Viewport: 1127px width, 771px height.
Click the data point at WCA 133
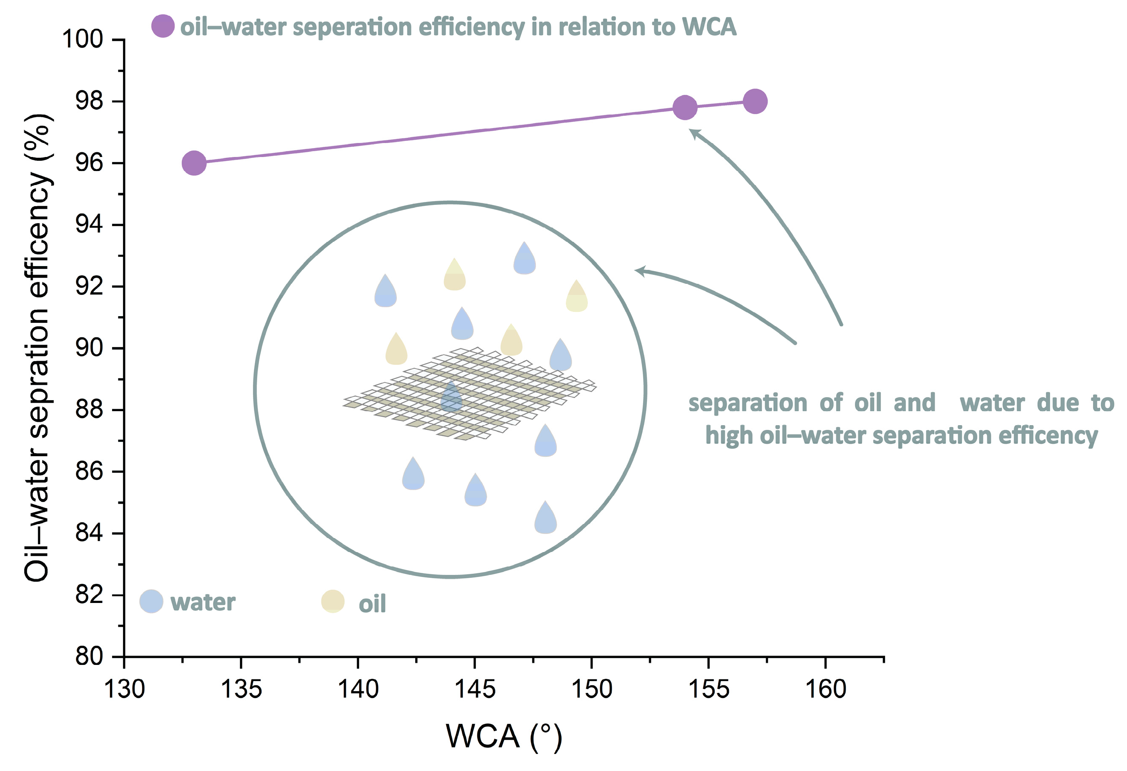coord(194,163)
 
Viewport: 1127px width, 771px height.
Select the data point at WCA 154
coord(685,107)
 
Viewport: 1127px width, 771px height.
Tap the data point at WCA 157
coord(755,101)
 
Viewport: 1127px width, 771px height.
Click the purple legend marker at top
coord(163,26)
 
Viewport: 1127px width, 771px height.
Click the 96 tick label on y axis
coord(89,163)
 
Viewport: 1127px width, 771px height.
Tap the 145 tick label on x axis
coord(475,689)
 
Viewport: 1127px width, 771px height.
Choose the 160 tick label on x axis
coord(825,689)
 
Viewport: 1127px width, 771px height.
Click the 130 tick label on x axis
coord(125,689)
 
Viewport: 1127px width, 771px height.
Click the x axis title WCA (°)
coord(504,736)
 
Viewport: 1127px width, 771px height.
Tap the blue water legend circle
coord(151,601)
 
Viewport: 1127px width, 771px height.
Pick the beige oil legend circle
coord(333,601)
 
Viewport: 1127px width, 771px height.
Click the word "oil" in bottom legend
coord(372,604)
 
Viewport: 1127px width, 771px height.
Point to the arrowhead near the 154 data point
coord(694,133)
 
